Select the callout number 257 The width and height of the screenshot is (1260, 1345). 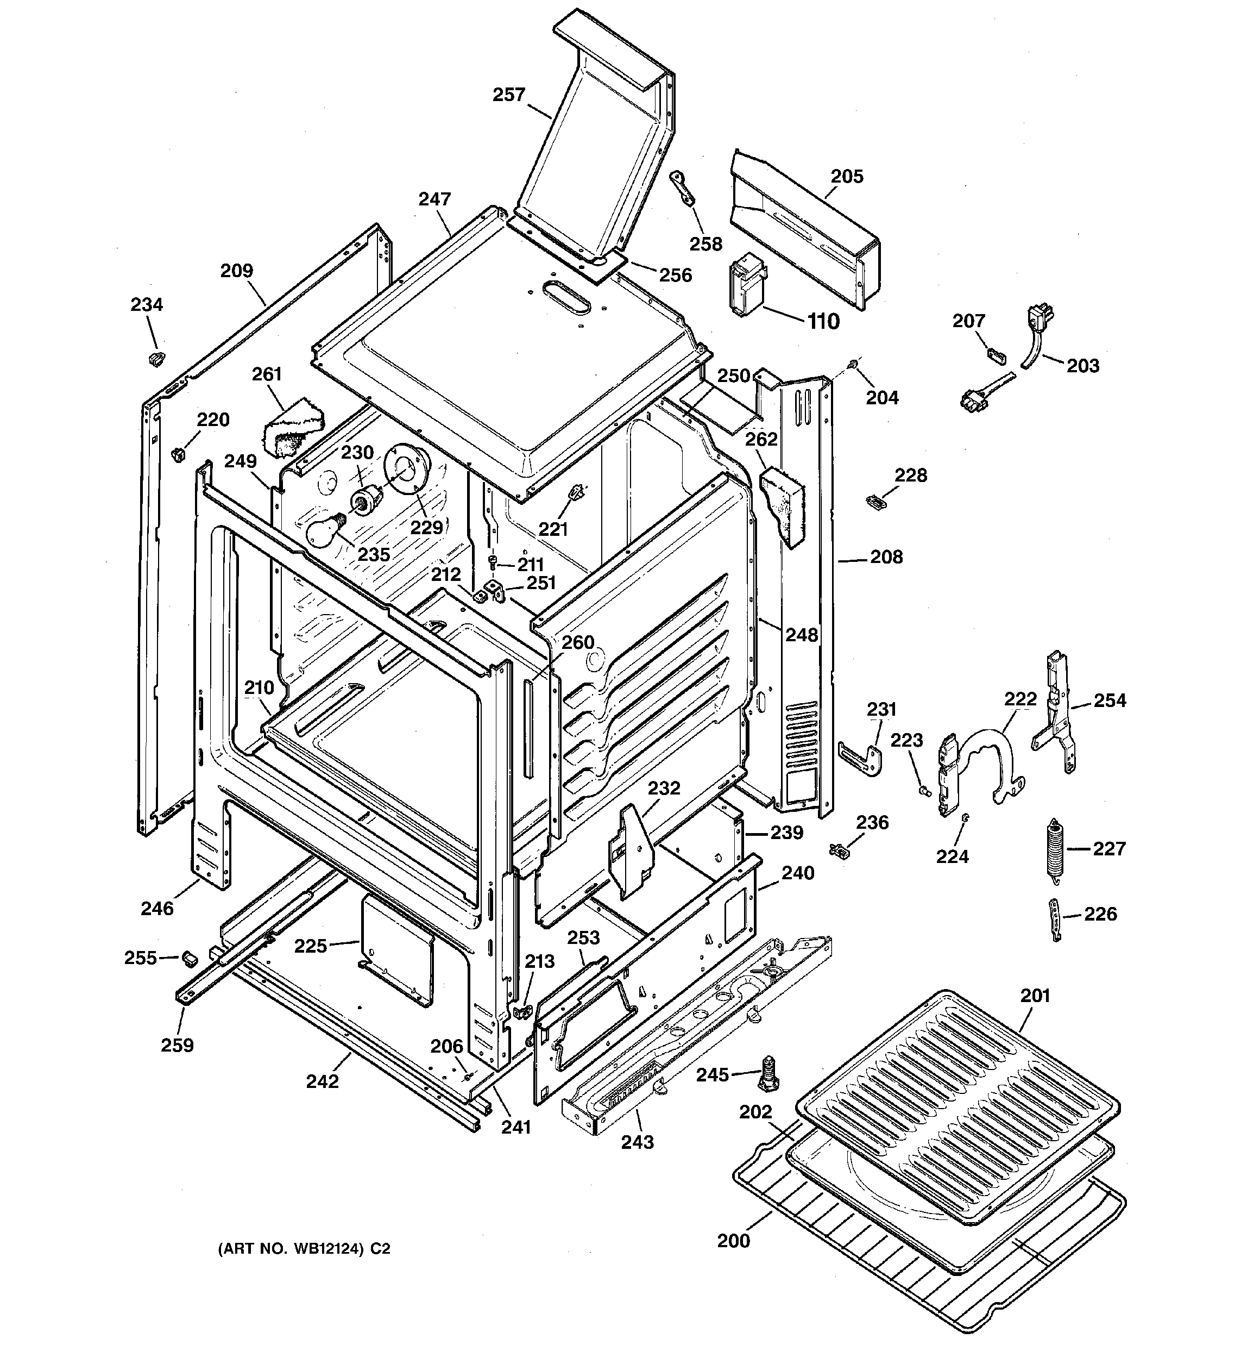click(x=508, y=95)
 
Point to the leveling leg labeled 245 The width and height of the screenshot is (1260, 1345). click(x=769, y=1074)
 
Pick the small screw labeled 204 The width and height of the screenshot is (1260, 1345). click(x=854, y=365)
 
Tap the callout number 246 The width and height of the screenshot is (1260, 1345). click(x=157, y=909)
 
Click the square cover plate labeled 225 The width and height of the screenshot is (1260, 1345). click(x=397, y=949)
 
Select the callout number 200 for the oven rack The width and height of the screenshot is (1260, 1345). click(x=733, y=1241)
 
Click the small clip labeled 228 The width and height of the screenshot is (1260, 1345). click(x=876, y=502)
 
